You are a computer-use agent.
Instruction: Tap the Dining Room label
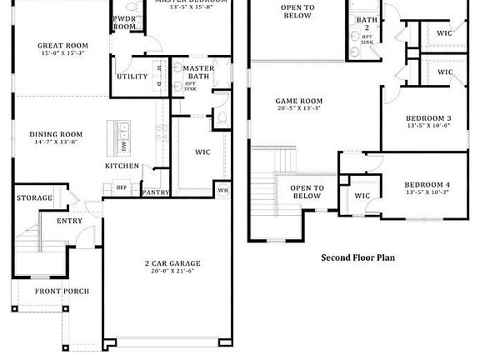click(56, 134)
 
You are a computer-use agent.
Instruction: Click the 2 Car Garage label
click(172, 263)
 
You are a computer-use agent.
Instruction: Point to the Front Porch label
click(61, 291)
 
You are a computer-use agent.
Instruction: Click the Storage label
click(34, 197)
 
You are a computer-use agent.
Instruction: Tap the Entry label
click(69, 221)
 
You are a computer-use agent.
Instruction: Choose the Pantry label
click(156, 192)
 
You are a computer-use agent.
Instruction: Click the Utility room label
click(132, 77)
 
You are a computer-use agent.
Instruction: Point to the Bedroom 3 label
click(428, 118)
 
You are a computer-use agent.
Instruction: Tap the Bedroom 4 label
click(427, 184)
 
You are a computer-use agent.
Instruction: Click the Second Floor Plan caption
click(358, 257)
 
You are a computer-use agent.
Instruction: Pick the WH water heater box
click(222, 190)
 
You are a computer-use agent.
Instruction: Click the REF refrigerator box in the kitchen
click(122, 187)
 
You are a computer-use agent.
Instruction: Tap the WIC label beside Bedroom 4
click(362, 196)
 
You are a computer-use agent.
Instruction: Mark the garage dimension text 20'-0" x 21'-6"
click(172, 272)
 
